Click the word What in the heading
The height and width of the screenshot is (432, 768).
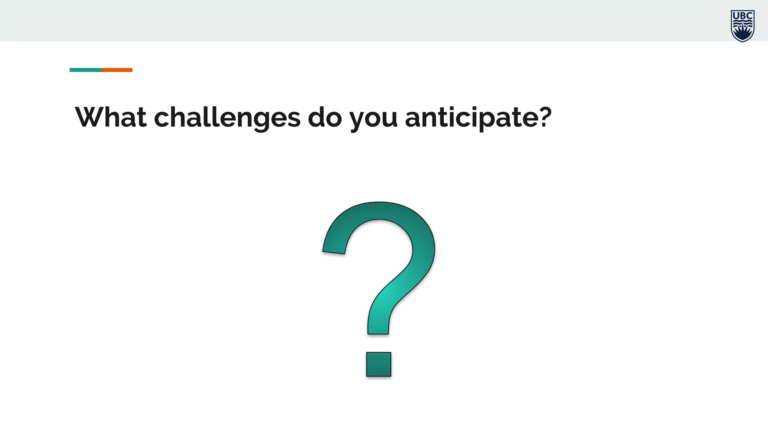pos(111,117)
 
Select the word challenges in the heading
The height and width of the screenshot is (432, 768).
pos(227,118)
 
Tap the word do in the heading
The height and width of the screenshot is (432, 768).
pos(325,117)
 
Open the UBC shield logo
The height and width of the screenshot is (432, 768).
pos(742,26)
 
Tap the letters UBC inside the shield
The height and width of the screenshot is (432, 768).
pos(742,16)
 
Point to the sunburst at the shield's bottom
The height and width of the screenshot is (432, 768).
pos(742,33)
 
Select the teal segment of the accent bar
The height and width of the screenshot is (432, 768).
pos(85,70)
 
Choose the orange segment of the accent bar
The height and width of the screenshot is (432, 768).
pos(117,70)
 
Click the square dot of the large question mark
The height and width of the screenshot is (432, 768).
pos(379,364)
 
